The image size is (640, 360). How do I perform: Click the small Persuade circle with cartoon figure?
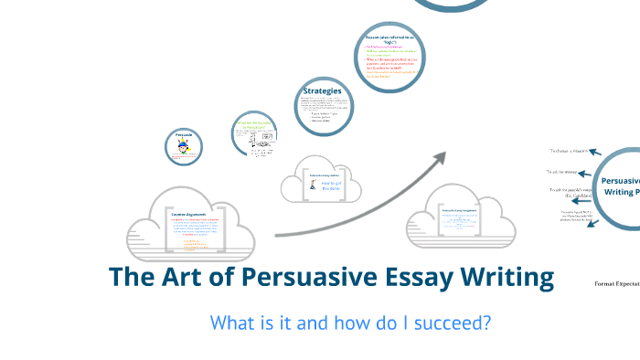(186, 145)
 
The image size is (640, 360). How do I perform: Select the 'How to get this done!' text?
(331, 185)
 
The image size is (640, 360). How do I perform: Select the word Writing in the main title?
(498, 278)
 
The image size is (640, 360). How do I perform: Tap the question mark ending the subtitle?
(486, 323)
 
